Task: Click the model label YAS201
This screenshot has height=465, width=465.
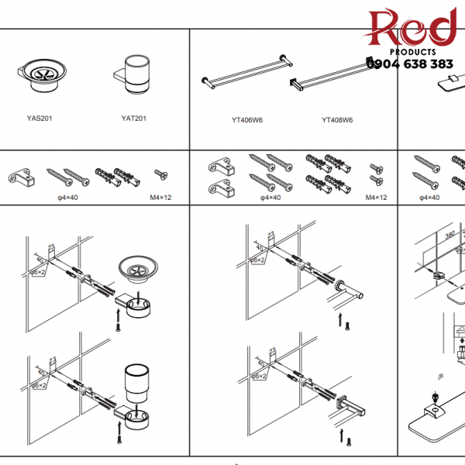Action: point(39,119)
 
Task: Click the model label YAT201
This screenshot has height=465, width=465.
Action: point(133,119)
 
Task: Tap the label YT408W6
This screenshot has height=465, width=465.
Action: point(337,120)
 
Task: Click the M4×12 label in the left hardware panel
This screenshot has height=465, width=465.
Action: point(160,198)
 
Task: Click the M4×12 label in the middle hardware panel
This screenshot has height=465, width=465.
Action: point(377,198)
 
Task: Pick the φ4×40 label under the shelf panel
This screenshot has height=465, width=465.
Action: point(429,198)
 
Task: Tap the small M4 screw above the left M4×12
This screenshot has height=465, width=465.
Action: point(160,175)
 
